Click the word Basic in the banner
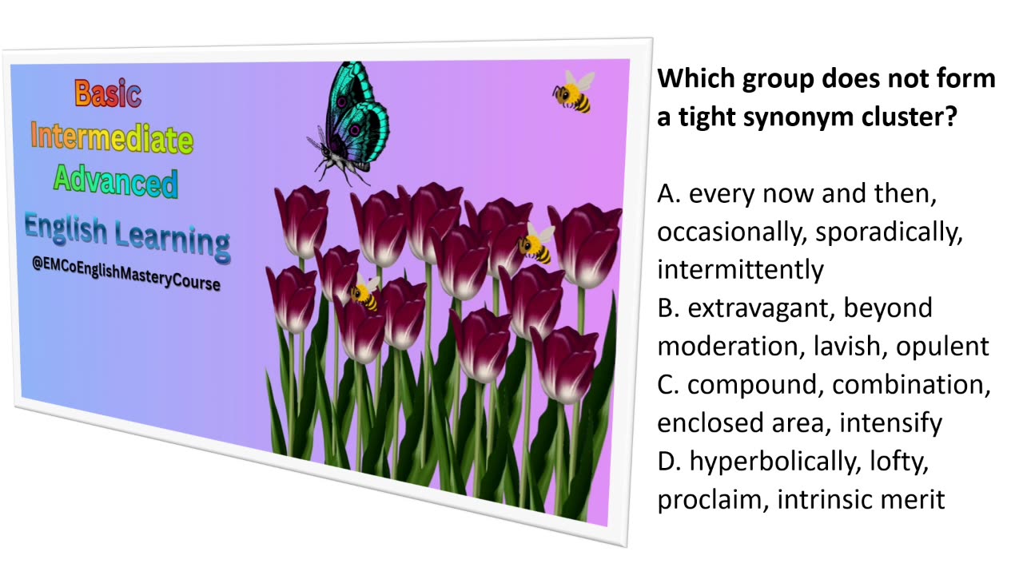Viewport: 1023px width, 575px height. (108, 93)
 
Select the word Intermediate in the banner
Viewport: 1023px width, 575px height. (111, 138)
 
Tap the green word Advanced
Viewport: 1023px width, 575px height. (115, 181)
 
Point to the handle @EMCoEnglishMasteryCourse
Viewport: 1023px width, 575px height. (126, 275)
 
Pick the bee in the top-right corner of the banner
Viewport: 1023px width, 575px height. (575, 91)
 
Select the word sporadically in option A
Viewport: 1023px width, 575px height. (899, 232)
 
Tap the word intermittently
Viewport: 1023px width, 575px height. (740, 270)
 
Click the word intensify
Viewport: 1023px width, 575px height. (890, 423)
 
